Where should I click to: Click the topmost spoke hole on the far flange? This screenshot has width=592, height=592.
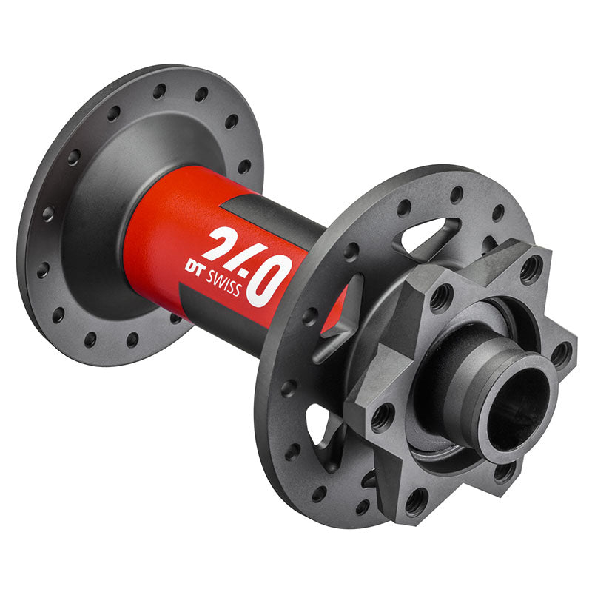(x=159, y=90)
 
